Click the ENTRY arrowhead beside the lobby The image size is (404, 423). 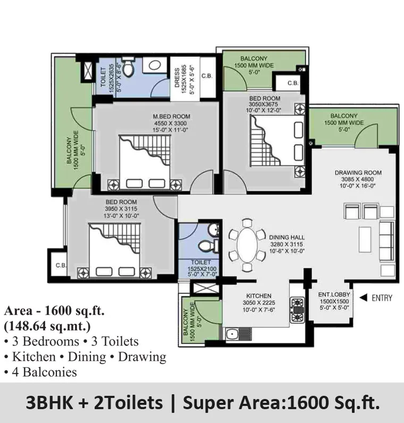[364, 298]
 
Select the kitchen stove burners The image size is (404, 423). [297, 310]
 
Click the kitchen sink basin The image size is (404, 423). [231, 334]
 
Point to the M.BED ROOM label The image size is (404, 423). [172, 117]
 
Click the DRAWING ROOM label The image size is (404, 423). [358, 173]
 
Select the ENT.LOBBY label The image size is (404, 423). [334, 294]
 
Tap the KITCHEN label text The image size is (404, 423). [259, 296]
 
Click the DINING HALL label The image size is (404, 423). [287, 238]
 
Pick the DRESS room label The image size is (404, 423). [177, 78]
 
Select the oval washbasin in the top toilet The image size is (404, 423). [155, 65]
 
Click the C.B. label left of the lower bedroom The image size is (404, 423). [61, 265]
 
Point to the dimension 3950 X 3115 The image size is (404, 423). [121, 209]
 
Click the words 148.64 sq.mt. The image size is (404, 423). [47, 326]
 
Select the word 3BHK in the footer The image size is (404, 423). [49, 403]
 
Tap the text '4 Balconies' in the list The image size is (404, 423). [45, 372]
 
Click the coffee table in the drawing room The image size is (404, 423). [365, 239]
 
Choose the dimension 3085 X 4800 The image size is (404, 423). [357, 180]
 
